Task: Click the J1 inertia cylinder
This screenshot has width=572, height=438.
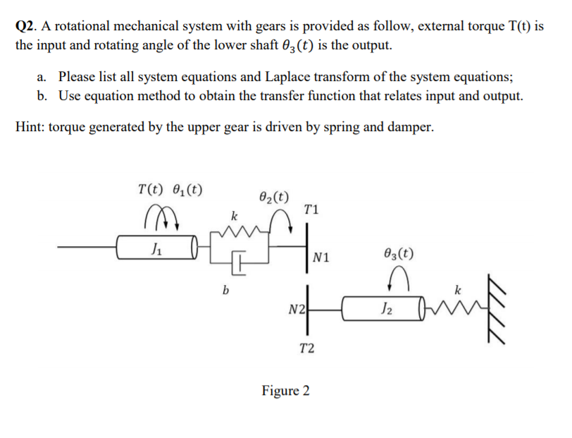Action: pyautogui.click(x=155, y=248)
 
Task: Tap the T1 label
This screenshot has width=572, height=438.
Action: pyautogui.click(x=312, y=209)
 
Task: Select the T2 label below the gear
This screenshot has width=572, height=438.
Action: pyautogui.click(x=307, y=347)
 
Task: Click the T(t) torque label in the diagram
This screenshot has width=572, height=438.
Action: pyautogui.click(x=150, y=189)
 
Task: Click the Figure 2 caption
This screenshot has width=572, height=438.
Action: pyautogui.click(x=285, y=390)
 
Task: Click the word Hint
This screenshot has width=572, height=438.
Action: pyautogui.click(x=28, y=127)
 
